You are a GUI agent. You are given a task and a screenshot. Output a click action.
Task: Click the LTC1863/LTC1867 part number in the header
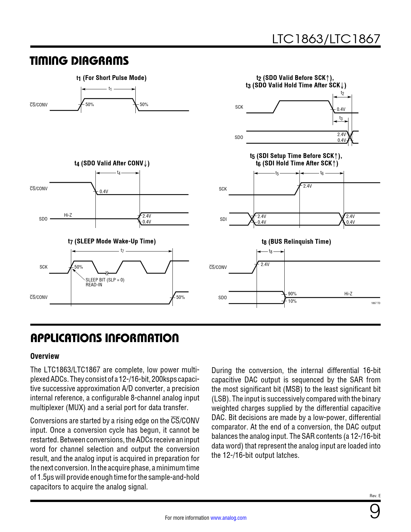(x=326, y=39)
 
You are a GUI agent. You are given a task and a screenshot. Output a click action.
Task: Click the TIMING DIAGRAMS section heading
(x=79, y=61)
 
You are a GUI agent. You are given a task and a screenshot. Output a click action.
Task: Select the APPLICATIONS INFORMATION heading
(x=104, y=338)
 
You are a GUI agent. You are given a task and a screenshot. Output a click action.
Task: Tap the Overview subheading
(x=45, y=356)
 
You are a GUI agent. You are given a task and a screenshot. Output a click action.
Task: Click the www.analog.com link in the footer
(x=228, y=518)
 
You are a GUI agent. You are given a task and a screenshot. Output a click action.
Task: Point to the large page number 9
(x=375, y=511)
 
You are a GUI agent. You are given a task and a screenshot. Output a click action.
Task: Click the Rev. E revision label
(x=375, y=496)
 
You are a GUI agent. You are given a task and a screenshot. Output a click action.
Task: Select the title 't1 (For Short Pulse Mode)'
(x=111, y=78)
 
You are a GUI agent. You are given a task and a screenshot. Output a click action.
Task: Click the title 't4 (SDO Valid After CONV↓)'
(x=112, y=163)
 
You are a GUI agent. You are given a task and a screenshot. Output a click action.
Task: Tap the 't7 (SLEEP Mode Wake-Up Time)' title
(x=112, y=241)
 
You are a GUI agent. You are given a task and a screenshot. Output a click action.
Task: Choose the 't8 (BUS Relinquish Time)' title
(x=296, y=241)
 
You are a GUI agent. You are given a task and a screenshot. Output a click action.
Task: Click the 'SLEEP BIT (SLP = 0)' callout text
(x=105, y=280)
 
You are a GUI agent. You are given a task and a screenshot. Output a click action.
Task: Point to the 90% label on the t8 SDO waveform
(x=292, y=294)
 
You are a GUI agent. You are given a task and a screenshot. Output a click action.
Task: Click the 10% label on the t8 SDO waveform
(x=292, y=301)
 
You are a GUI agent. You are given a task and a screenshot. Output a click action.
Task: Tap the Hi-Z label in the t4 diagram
(x=68, y=215)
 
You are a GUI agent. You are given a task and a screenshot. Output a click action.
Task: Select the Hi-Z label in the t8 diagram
(x=348, y=294)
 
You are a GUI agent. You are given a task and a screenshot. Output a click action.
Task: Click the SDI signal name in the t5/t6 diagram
(x=223, y=219)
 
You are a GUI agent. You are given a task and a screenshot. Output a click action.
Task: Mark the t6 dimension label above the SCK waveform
(x=322, y=173)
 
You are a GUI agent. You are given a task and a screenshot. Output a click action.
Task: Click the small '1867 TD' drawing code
(x=376, y=303)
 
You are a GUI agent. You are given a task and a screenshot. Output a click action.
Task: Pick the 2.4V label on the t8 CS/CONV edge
(x=265, y=264)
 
